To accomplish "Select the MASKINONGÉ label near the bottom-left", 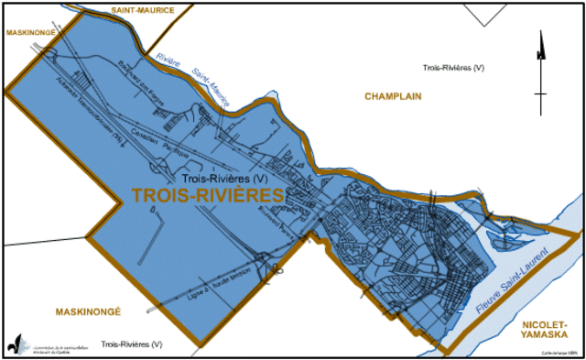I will (x=87, y=311).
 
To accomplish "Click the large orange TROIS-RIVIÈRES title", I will (x=207, y=195).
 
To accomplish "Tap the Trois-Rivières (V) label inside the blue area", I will (x=224, y=178).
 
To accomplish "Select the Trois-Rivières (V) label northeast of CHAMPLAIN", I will (x=452, y=69).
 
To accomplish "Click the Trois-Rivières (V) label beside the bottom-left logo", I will (x=132, y=344).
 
